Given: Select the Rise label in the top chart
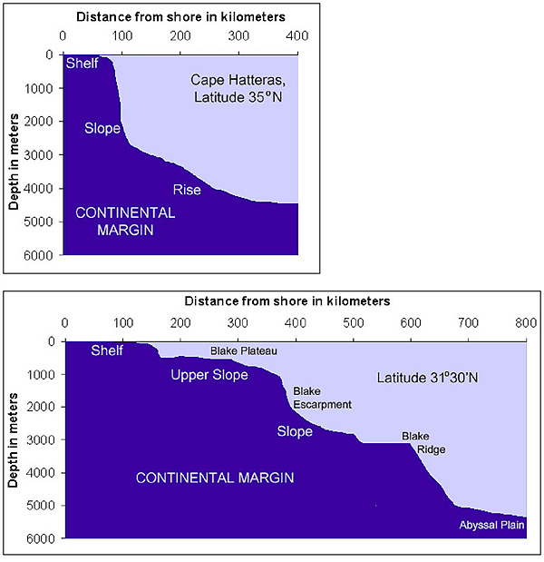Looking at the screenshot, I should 187,190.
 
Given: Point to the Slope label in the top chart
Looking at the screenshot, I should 102,129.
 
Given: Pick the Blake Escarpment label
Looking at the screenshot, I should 321,398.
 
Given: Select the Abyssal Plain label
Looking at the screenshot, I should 492,525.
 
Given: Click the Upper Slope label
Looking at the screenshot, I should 209,374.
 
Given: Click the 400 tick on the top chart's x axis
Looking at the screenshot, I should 297,36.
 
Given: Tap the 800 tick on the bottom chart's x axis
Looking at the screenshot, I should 526,322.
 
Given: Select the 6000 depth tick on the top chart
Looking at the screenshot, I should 40,255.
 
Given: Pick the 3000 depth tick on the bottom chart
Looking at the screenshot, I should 42,439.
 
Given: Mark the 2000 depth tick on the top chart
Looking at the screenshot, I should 40,122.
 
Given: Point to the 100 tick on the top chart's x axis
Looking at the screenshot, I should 121,36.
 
